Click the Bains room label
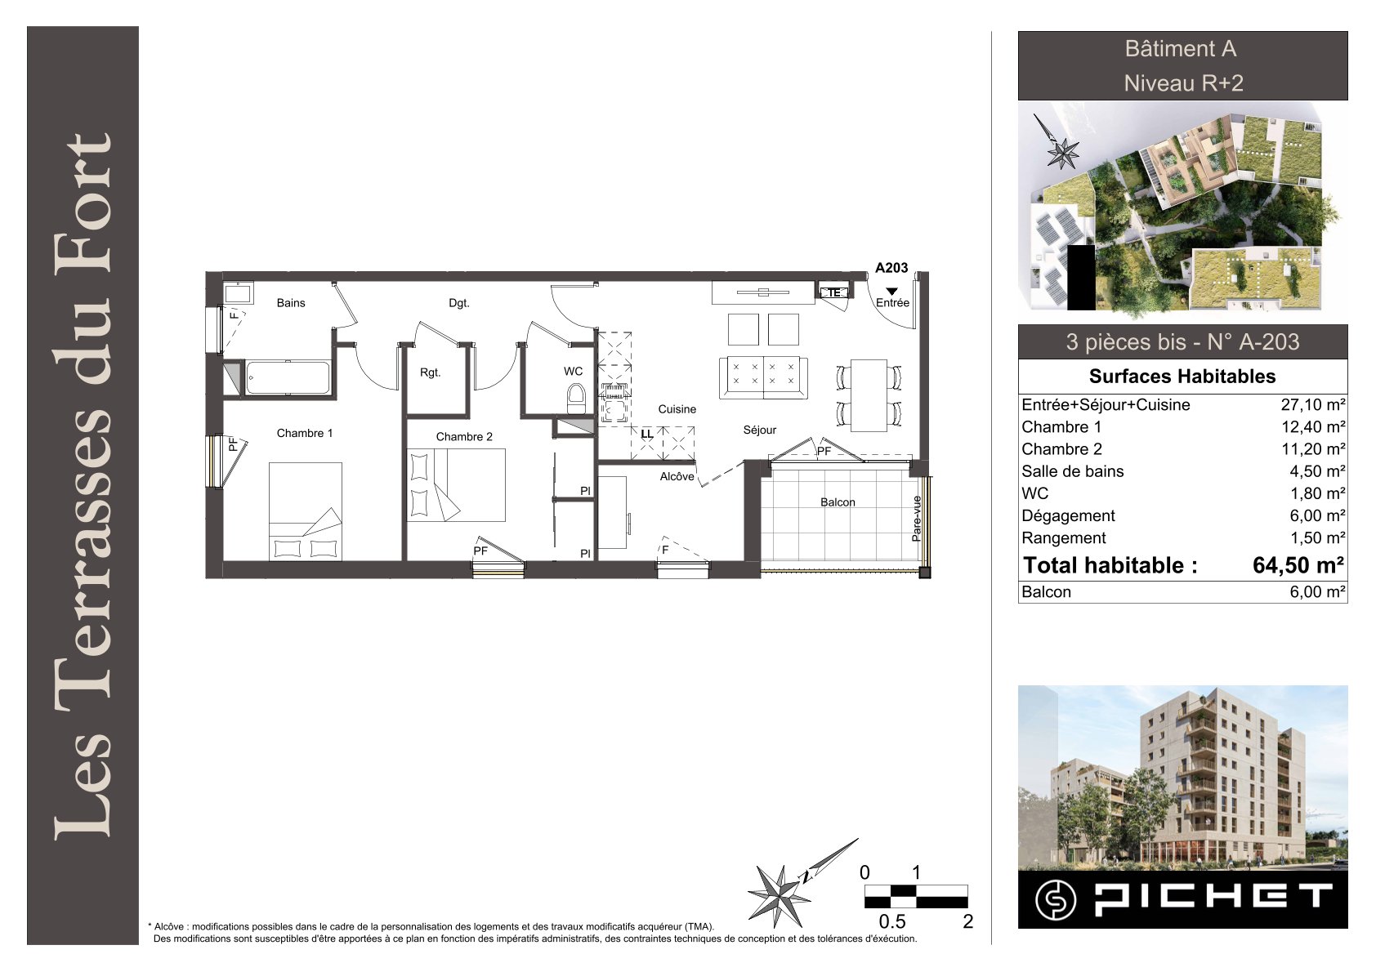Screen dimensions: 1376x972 tap(291, 303)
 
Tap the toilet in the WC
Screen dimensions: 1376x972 tap(576, 399)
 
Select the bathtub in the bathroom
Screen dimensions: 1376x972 tap(288, 377)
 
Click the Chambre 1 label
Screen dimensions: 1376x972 tap(305, 433)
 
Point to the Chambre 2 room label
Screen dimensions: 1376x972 tap(464, 436)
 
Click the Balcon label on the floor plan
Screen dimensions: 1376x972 tap(838, 502)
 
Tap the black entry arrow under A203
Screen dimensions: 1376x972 tap(891, 291)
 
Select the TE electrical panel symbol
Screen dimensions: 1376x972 tap(833, 293)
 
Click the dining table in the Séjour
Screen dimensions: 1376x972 tap(869, 395)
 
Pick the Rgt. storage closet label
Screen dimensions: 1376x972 tap(430, 372)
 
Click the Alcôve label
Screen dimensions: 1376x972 tap(677, 476)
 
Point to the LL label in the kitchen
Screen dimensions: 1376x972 tap(647, 434)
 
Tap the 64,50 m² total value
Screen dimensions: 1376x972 tap(1298, 565)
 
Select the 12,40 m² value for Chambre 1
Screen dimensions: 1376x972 tap(1313, 426)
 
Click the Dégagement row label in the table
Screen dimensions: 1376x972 tap(1068, 515)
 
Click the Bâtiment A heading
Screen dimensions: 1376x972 tap(1180, 48)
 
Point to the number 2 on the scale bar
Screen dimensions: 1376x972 tap(968, 921)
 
